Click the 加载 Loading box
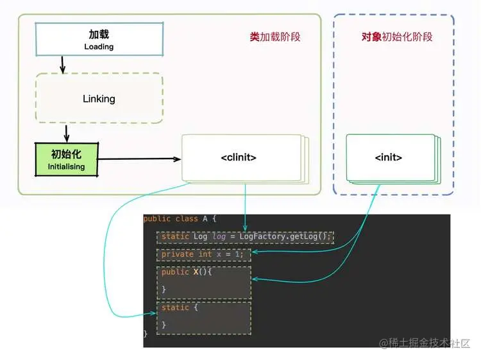coord(99,39)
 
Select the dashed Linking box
coord(99,98)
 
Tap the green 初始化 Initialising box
coord(66,160)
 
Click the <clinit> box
coord(239,157)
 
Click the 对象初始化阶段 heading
coord(397,37)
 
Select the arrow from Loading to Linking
coord(62,64)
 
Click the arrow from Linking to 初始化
coord(66,133)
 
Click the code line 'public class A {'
coord(180,219)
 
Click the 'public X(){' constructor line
coord(187,272)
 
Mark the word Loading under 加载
coord(99,47)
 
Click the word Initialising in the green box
coord(66,167)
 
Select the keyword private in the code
coord(178,254)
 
